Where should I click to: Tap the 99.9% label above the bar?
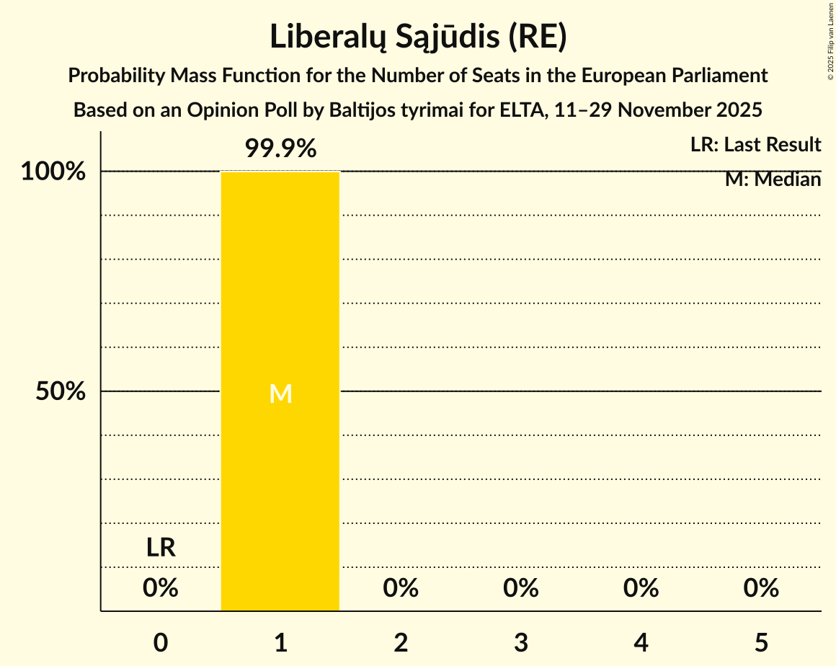pos(280,149)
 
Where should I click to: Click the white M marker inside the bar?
pos(280,394)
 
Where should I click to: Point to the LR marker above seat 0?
pos(161,548)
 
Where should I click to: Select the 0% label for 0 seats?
pos(161,588)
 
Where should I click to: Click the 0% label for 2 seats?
pos(401,588)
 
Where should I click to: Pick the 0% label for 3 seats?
pos(521,588)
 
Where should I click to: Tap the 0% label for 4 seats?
pos(641,588)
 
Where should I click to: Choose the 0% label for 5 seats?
pos(761,588)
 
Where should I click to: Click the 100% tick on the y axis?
pos(53,172)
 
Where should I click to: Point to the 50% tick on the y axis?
pos(61,392)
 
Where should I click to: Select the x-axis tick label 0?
pos(161,641)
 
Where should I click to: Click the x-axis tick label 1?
pos(280,641)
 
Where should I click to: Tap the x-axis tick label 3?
pos(521,641)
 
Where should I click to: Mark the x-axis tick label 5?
pos(761,641)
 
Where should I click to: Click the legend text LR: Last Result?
pos(755,145)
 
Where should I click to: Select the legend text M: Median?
pos(773,179)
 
